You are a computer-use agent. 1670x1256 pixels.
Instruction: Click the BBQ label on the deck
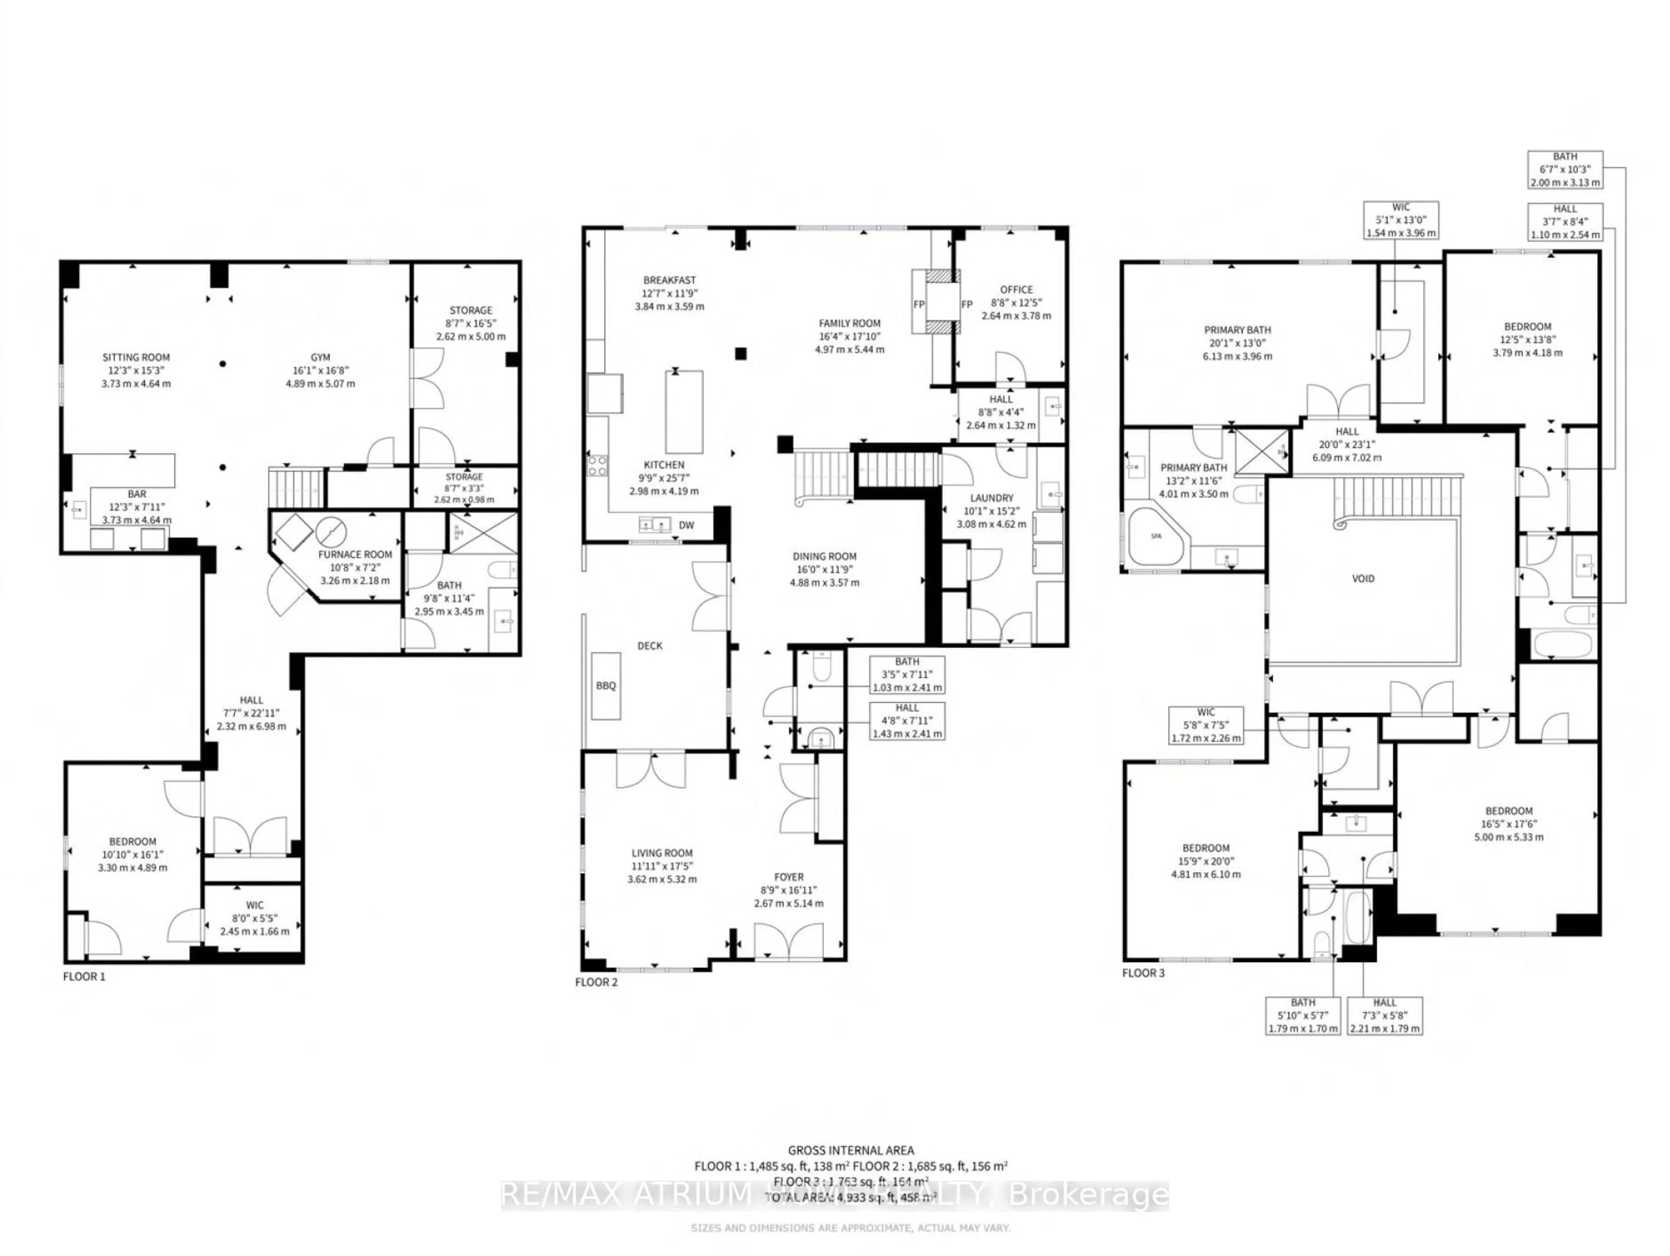pos(605,685)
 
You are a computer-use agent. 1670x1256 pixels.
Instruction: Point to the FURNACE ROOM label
pos(355,554)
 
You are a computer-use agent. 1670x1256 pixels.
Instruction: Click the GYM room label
pos(320,358)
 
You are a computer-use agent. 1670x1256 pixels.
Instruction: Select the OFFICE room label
pos(1016,290)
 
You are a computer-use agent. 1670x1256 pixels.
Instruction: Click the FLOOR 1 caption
pos(84,976)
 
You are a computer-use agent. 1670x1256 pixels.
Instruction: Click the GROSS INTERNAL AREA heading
pos(851,1150)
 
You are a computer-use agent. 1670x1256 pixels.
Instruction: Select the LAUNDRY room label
pos(991,498)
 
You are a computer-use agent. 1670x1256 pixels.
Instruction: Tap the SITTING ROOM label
pos(136,358)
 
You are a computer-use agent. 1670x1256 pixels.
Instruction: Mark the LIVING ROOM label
pos(662,853)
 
